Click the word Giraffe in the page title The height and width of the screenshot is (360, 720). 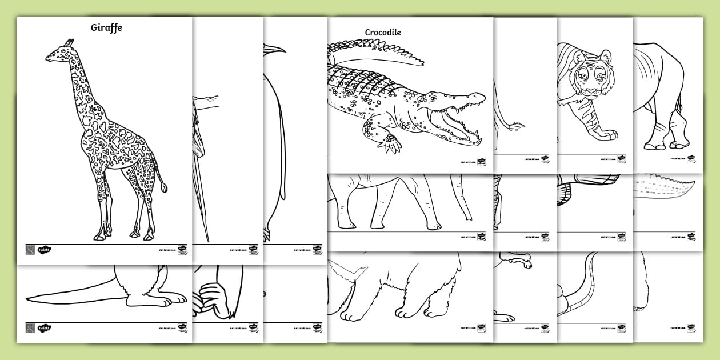[106, 27]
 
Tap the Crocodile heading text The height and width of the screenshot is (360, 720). [383, 33]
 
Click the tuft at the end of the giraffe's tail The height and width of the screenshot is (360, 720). [164, 186]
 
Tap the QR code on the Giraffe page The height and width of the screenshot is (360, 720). [30, 250]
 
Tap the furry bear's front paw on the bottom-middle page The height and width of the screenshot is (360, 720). [409, 311]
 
